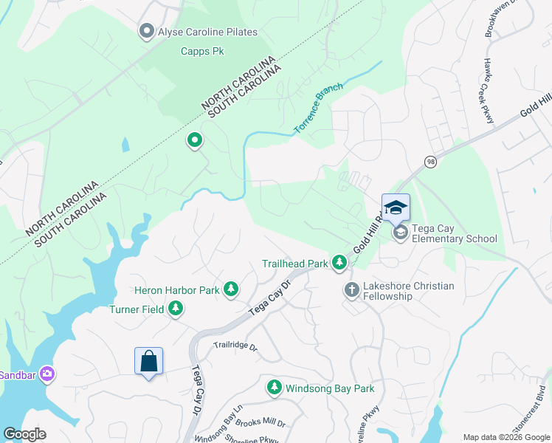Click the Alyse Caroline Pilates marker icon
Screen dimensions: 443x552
pyautogui.click(x=145, y=31)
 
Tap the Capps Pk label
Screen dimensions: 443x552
pyautogui.click(x=202, y=52)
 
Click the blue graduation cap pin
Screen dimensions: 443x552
pyautogui.click(x=396, y=208)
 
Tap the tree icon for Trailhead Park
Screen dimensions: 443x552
pyautogui.click(x=339, y=262)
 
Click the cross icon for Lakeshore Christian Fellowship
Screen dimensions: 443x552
pyautogui.click(x=351, y=289)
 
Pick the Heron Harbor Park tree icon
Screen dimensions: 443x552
pyautogui.click(x=231, y=289)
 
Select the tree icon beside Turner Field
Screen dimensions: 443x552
pyautogui.click(x=176, y=309)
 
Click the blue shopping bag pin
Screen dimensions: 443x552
pyautogui.click(x=148, y=362)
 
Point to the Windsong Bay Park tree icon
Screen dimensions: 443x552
pyautogui.click(x=275, y=387)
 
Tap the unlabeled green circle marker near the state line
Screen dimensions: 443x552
pyautogui.click(x=195, y=139)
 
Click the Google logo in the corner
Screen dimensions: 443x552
pyautogui.click(x=24, y=434)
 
